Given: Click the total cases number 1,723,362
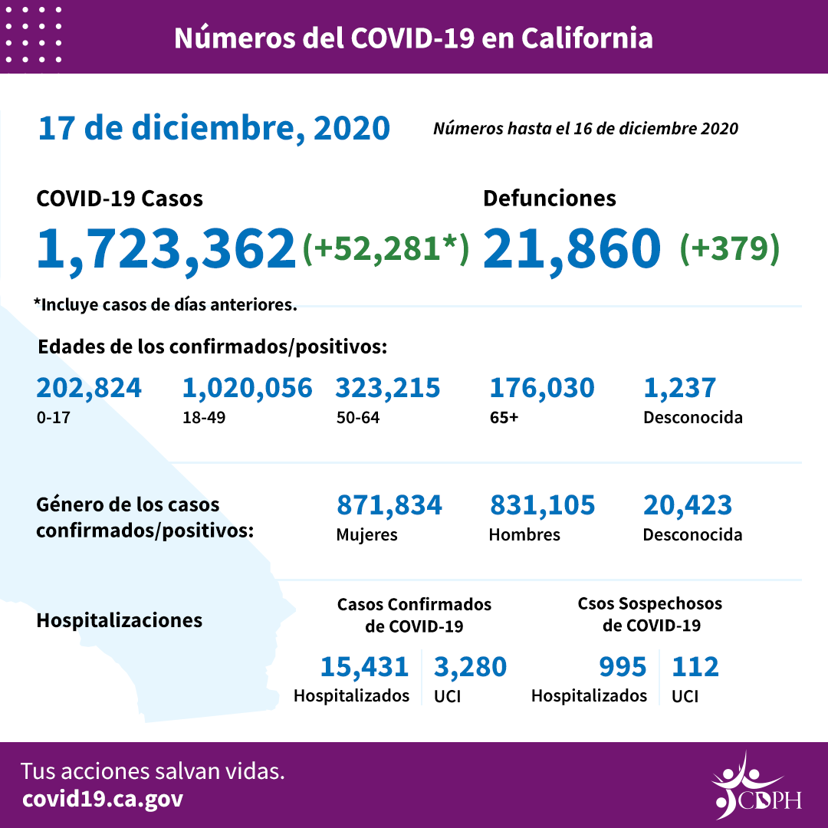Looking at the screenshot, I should pyautogui.click(x=166, y=248).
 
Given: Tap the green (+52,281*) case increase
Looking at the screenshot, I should pyautogui.click(x=386, y=248).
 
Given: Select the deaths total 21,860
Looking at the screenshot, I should pyautogui.click(x=572, y=248).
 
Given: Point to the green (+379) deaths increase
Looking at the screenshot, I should pyautogui.click(x=730, y=248).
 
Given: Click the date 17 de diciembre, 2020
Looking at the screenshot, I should pyautogui.click(x=214, y=128).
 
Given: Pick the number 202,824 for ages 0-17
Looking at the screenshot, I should pyautogui.click(x=89, y=388).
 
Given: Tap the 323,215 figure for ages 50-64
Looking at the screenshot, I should pyautogui.click(x=388, y=388).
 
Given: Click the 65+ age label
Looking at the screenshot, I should pyautogui.click(x=503, y=419).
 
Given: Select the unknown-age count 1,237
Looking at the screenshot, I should pyautogui.click(x=679, y=388).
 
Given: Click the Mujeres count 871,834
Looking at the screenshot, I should pyautogui.click(x=389, y=505).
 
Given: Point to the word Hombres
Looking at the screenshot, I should pyautogui.click(x=524, y=534).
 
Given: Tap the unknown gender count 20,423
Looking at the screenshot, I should pyautogui.click(x=688, y=505).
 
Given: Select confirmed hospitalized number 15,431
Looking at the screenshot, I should pyautogui.click(x=364, y=667).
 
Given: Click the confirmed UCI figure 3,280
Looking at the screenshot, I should pyautogui.click(x=471, y=667).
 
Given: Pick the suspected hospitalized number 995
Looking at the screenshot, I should pyautogui.click(x=623, y=667).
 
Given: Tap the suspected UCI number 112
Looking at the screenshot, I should pyautogui.click(x=695, y=667).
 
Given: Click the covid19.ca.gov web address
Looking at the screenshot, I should pyautogui.click(x=103, y=799).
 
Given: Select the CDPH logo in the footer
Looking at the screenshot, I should pyautogui.click(x=756, y=786).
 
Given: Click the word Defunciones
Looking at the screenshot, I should pyautogui.click(x=549, y=199).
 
